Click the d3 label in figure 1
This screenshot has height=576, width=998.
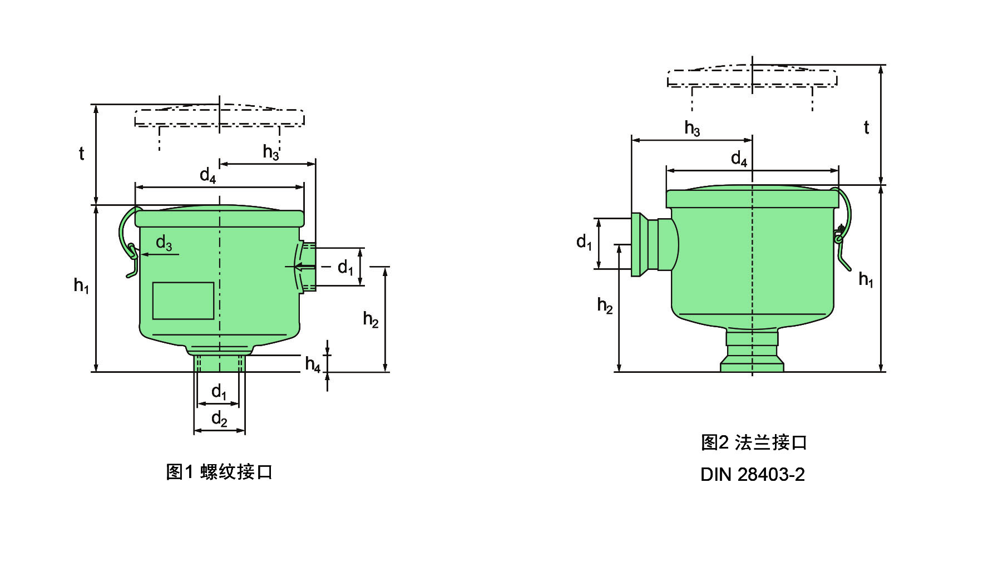[x=164, y=243]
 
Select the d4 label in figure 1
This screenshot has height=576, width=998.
[x=207, y=175]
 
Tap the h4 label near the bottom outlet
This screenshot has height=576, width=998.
[x=313, y=365]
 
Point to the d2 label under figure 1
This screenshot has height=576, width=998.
[x=219, y=419]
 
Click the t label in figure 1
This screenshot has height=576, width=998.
[x=81, y=153]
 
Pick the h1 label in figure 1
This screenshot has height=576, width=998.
[x=81, y=285]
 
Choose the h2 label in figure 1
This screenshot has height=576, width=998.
[x=370, y=319]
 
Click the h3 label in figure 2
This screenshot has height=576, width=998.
[x=692, y=128]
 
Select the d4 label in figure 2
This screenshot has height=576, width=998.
[x=739, y=159]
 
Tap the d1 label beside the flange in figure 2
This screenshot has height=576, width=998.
[x=584, y=242]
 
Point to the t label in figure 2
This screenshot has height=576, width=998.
[x=866, y=127]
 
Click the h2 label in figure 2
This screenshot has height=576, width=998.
[x=605, y=305]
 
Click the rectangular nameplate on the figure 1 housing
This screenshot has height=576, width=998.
[x=183, y=301]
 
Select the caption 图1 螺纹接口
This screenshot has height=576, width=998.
[x=219, y=472]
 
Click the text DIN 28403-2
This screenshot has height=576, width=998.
[x=752, y=474]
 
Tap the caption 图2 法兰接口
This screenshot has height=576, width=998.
[x=754, y=442]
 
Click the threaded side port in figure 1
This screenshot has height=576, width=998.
[x=308, y=267]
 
